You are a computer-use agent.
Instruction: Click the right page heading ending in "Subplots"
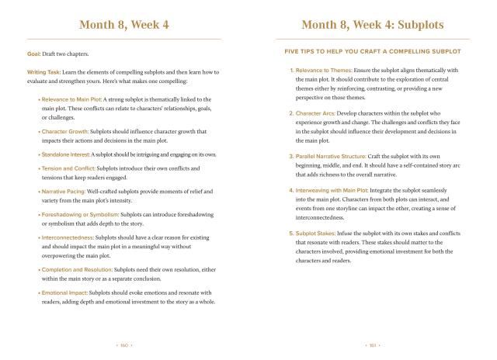[372, 25]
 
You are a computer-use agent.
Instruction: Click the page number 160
[124, 342]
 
